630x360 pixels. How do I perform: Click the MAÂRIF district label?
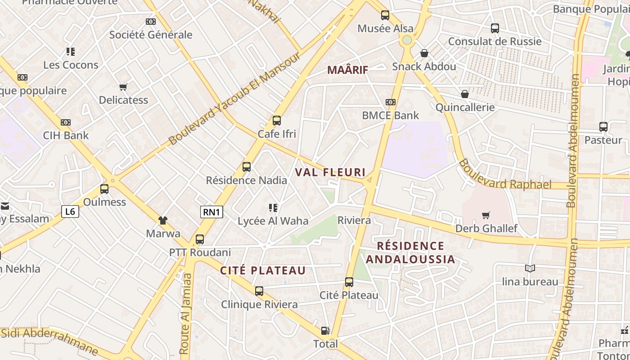[x=347, y=70]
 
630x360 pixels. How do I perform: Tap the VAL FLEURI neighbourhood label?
[x=330, y=172]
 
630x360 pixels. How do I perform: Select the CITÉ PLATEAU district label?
[x=263, y=270]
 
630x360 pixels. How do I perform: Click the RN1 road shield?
[x=211, y=212]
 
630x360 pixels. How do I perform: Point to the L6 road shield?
[x=70, y=211]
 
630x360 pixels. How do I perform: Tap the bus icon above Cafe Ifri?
[x=277, y=121]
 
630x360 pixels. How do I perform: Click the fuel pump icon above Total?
[x=325, y=331]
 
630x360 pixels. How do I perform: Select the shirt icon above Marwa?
[x=163, y=220]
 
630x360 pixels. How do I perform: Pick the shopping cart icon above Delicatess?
[x=123, y=87]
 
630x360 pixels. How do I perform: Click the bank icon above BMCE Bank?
[x=391, y=102]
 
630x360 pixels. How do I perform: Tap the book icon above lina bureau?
[x=530, y=269]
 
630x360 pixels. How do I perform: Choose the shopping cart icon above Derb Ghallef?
[x=486, y=215]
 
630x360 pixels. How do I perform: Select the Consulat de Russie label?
[x=495, y=41]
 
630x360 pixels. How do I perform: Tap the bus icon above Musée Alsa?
[x=385, y=15]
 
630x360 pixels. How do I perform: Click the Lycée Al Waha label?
[x=273, y=221]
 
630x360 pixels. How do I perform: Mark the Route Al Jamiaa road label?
[x=185, y=315]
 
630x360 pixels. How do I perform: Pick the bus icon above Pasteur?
[x=603, y=127]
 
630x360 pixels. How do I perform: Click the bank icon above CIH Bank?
[x=66, y=122]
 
